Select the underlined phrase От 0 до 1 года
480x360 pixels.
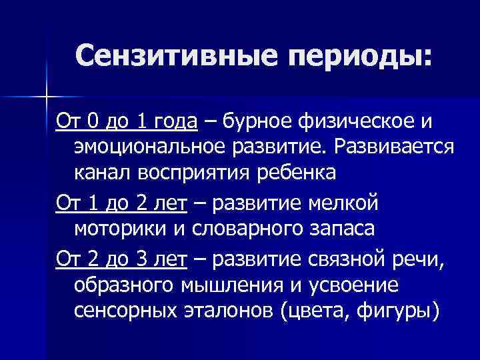127,122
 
